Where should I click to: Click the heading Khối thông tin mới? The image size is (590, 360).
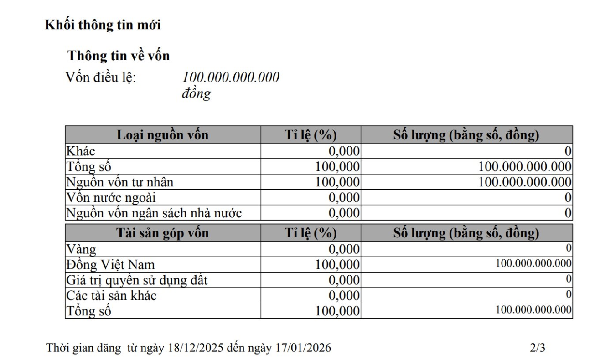pyautogui.click(x=103, y=25)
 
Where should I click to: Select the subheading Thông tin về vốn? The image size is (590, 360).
pyautogui.click(x=119, y=56)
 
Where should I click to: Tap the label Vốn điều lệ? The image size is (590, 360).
pyautogui.click(x=101, y=77)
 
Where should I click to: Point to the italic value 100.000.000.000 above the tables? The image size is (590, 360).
pyautogui.click(x=231, y=77)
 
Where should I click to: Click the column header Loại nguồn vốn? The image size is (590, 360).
pyautogui.click(x=163, y=135)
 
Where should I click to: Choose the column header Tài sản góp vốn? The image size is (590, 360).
pyautogui.click(x=163, y=233)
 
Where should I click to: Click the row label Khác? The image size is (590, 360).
pyautogui.click(x=81, y=151)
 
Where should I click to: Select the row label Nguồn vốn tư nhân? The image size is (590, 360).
pyautogui.click(x=120, y=182)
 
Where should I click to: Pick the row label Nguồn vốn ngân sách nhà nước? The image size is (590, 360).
pyautogui.click(x=154, y=213)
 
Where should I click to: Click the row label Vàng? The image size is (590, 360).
pyautogui.click(x=81, y=249)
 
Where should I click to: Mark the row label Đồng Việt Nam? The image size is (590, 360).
pyautogui.click(x=110, y=265)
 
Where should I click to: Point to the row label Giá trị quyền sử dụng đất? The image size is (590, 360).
pyautogui.click(x=137, y=280)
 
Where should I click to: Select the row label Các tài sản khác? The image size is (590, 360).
pyautogui.click(x=111, y=296)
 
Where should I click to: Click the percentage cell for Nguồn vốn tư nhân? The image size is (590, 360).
pyautogui.click(x=337, y=182)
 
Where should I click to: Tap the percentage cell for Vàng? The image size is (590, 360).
pyautogui.click(x=344, y=249)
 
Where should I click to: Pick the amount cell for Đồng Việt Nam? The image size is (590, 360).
pyautogui.click(x=533, y=263)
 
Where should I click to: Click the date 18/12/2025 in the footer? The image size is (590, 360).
pyautogui.click(x=195, y=348)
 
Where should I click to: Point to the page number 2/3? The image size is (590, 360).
pyautogui.click(x=538, y=348)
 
